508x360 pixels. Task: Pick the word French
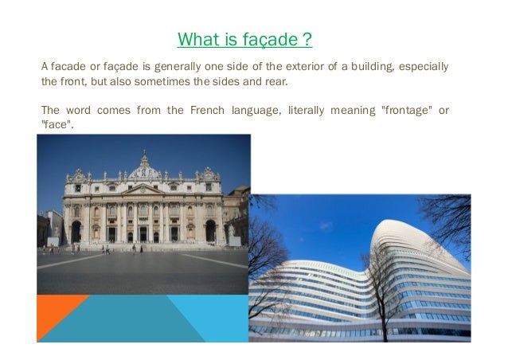pos(208,110)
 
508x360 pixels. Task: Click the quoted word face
pos(57,125)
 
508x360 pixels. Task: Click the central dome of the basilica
pos(145,166)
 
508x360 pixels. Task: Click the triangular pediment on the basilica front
pos(143,190)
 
